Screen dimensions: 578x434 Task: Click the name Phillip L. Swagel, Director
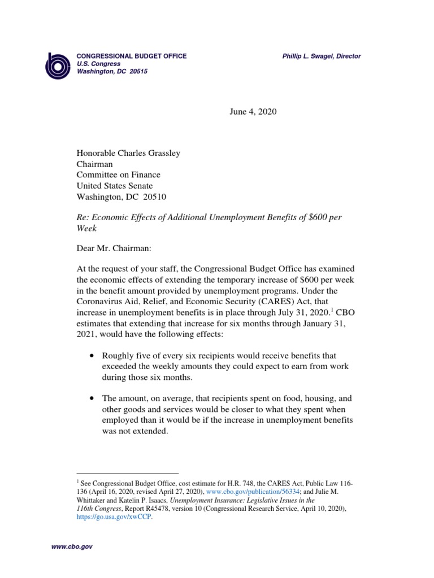[322, 56]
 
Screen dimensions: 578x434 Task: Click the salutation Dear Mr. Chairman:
[110, 247]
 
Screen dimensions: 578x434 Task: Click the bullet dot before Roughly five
[92, 356]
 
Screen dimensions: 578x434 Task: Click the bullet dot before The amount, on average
[92, 398]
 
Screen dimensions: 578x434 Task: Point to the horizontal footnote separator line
[127, 474]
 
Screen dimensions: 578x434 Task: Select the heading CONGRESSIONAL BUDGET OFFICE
[132, 56]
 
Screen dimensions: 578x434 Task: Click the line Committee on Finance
[119, 175]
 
